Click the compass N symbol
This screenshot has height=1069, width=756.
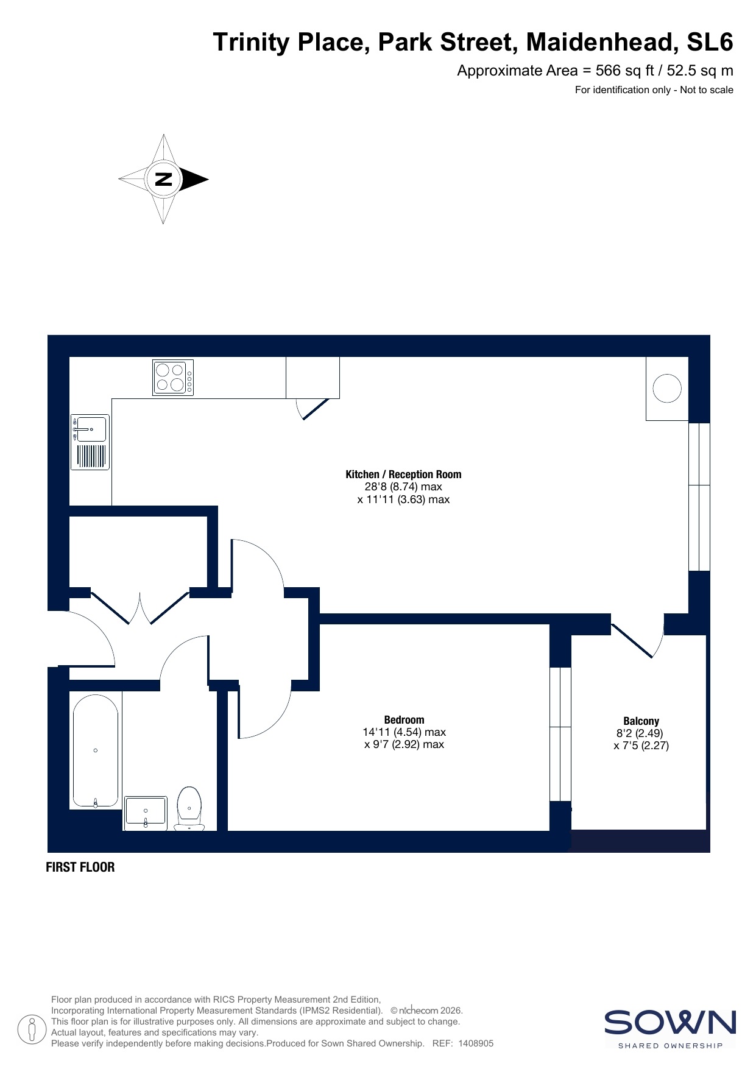(x=163, y=179)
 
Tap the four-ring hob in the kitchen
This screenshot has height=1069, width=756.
(x=173, y=378)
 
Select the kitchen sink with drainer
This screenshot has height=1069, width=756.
(x=90, y=442)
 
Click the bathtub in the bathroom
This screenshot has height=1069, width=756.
(x=96, y=751)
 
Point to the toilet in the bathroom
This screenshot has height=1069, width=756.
(x=189, y=808)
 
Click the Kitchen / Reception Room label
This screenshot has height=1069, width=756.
(x=403, y=475)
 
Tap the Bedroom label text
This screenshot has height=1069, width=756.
(x=404, y=720)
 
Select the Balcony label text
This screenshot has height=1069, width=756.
(x=641, y=721)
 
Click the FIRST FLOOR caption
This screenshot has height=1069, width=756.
(x=80, y=867)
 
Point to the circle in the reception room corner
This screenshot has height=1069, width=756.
(x=667, y=388)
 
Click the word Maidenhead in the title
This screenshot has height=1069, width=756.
(x=602, y=42)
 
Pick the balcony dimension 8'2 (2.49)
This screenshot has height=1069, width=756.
(x=640, y=733)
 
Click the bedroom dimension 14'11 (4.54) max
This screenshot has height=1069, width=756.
(x=404, y=732)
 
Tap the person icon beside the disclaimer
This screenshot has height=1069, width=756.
(x=32, y=1029)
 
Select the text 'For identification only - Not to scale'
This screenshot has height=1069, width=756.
(x=654, y=90)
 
